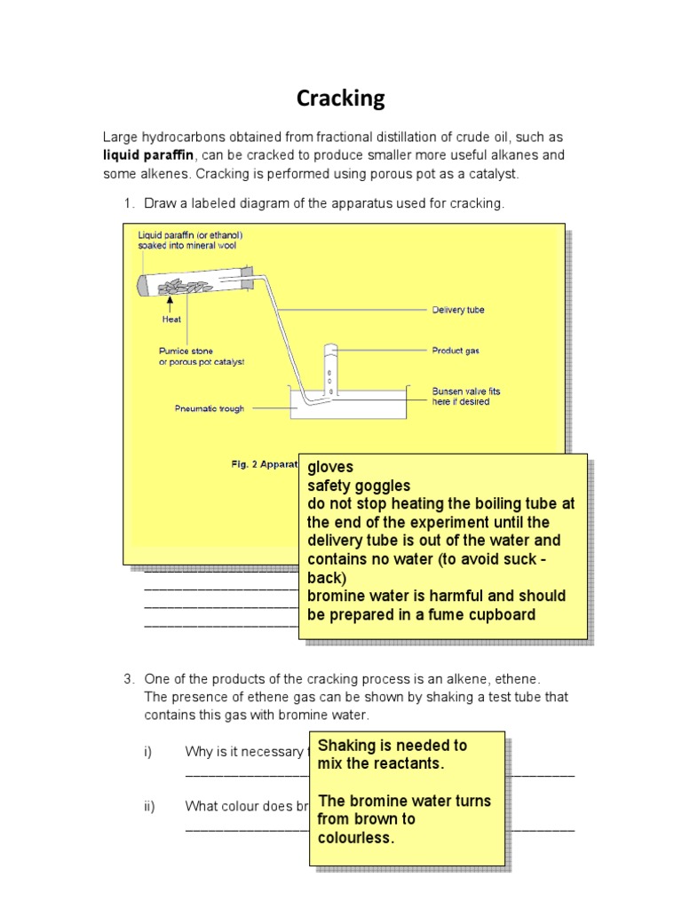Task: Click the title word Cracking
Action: [341, 99]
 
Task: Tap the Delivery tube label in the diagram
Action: [457, 310]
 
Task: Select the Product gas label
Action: [456, 351]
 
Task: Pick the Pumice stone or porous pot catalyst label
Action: [201, 357]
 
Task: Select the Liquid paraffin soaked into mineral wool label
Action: [190, 240]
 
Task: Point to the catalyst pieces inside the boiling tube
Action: [185, 286]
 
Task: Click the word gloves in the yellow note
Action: [330, 467]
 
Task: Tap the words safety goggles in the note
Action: [359, 486]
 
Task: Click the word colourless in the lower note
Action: [354, 838]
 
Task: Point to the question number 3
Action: [128, 678]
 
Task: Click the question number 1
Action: [128, 203]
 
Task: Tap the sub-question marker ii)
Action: [148, 806]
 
